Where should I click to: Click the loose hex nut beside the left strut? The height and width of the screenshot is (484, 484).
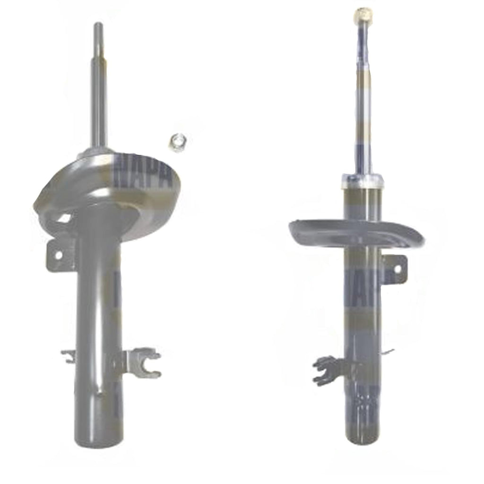[178, 143]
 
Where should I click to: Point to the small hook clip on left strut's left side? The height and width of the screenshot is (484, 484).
[69, 356]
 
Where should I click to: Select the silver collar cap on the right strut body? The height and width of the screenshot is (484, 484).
[362, 180]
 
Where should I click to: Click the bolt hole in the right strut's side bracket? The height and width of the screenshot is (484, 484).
[397, 268]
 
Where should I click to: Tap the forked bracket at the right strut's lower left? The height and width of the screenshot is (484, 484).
[326, 370]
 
